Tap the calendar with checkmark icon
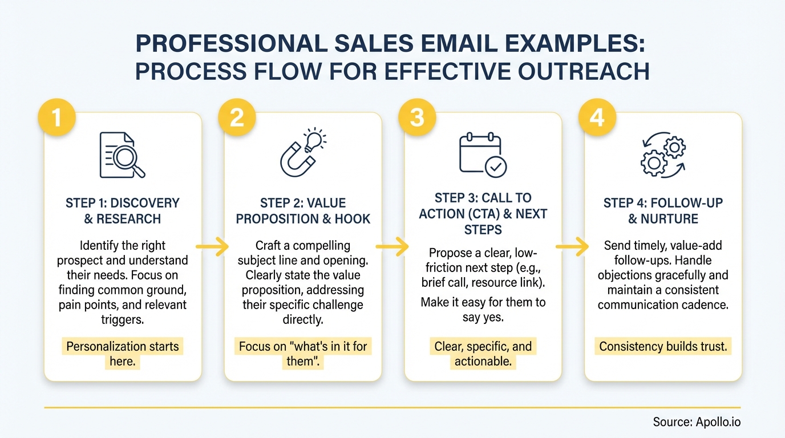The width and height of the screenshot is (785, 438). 483,154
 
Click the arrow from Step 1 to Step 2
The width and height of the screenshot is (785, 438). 212,246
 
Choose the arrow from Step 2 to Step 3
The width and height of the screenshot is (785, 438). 392,246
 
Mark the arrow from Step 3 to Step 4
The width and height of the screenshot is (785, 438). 572,246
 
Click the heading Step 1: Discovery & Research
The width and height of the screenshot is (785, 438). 122,210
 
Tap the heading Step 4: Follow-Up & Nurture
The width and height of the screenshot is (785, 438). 663,210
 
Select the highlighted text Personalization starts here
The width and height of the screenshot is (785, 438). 122,354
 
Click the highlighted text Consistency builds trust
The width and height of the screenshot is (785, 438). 663,347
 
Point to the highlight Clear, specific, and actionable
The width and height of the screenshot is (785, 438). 483,354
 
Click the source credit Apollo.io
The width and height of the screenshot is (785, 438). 697,423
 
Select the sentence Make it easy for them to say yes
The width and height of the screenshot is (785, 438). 483,309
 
